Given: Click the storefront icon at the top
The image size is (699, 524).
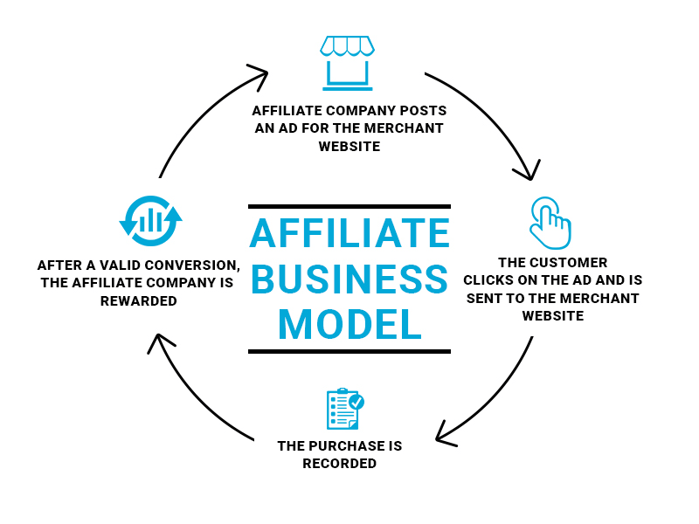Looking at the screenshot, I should [x=347, y=62].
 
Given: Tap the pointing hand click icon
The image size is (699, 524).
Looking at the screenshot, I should [x=550, y=224].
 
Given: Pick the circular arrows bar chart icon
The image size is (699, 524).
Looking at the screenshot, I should [x=150, y=218].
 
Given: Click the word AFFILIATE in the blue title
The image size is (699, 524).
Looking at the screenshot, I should [x=349, y=234].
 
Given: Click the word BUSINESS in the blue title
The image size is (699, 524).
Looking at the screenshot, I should [x=349, y=279].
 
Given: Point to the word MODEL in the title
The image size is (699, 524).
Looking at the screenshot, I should [x=349, y=325].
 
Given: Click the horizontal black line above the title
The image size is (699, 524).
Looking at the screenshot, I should [x=349, y=207].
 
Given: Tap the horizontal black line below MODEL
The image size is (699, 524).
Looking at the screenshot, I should [x=349, y=351].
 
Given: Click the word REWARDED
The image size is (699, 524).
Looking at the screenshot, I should [x=138, y=301].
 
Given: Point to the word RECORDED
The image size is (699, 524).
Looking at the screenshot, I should [x=340, y=464].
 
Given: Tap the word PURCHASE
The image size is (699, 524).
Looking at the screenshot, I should [x=340, y=446].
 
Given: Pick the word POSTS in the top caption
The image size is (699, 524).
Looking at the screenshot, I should [x=426, y=111].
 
